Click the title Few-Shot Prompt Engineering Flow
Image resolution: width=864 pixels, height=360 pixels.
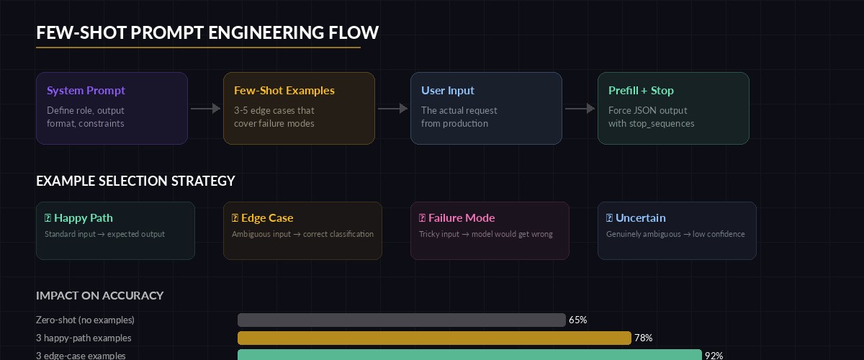click(207, 32)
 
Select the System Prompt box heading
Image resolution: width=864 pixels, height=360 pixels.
click(86, 91)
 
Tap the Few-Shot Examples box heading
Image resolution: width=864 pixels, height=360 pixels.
click(284, 91)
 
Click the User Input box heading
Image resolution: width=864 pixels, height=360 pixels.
click(448, 91)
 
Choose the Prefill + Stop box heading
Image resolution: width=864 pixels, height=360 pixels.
click(641, 91)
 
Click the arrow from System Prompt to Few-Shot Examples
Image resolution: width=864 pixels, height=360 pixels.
click(205, 109)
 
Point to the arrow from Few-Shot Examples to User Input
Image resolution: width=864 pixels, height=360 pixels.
click(392, 109)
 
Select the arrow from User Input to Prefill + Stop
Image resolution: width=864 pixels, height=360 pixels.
click(580, 109)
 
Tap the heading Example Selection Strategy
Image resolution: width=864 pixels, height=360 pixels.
click(135, 181)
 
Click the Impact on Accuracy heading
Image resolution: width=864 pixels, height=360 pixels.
click(99, 295)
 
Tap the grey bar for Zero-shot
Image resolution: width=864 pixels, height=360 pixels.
click(401, 320)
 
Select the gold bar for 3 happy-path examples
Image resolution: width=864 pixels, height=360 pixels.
click(434, 338)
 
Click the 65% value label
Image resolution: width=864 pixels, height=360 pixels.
click(577, 320)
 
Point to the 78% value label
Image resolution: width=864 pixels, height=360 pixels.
click(643, 338)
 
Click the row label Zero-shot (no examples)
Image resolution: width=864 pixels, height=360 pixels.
click(85, 320)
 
